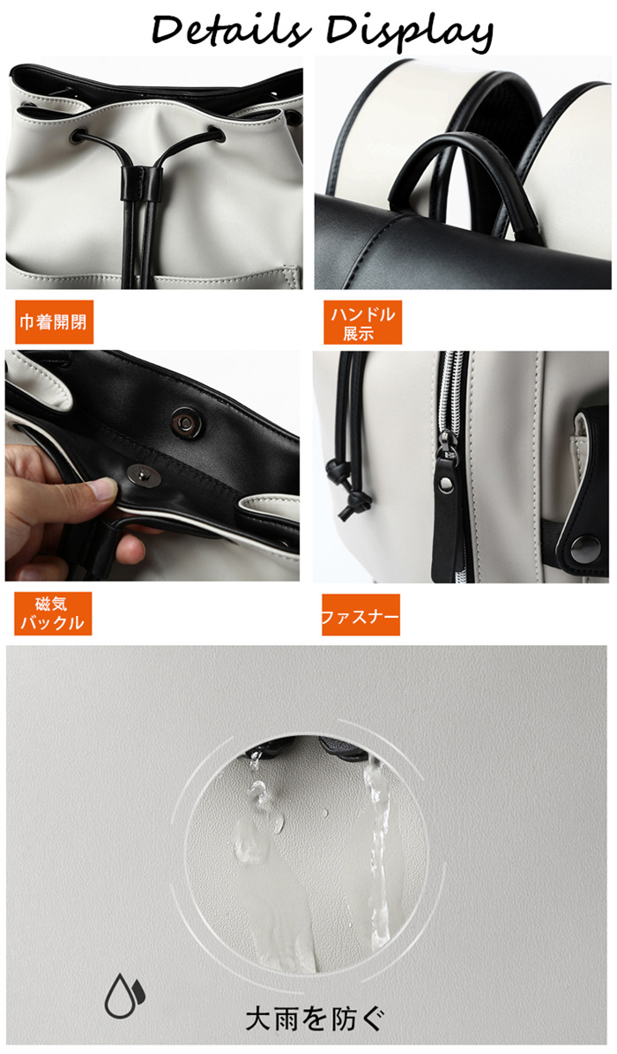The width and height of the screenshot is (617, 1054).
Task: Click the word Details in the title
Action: coord(232,30)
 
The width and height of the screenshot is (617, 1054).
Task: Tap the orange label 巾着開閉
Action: coord(54,322)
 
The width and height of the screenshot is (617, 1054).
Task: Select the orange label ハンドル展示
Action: coord(362,323)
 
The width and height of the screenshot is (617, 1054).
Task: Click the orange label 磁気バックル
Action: coord(52,613)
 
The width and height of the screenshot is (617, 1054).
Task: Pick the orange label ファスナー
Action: coord(361,615)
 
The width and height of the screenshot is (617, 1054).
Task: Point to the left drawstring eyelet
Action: coord(78,135)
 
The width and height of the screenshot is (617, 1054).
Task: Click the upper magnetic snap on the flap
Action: coord(183,421)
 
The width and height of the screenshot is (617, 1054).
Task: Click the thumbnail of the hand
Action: coord(100,489)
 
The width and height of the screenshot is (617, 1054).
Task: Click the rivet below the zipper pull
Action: coord(445,482)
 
